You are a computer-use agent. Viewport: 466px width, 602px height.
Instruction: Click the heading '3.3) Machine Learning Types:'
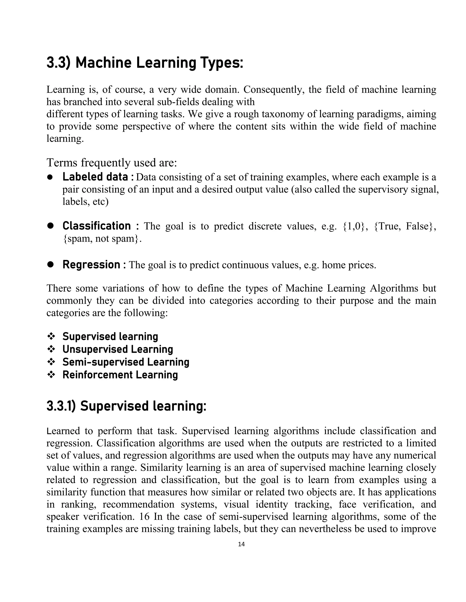[x=145, y=63]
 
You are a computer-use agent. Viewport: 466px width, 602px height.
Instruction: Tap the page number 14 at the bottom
[x=241, y=544]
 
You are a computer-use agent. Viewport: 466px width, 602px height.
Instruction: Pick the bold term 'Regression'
[x=91, y=265]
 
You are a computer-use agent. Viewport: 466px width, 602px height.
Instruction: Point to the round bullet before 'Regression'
[x=50, y=265]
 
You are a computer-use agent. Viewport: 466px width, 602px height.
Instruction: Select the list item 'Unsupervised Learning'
[x=118, y=349]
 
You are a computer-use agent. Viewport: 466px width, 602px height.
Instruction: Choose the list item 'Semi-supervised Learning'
[x=126, y=362]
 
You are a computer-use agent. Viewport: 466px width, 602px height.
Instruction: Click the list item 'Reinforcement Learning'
[x=120, y=375]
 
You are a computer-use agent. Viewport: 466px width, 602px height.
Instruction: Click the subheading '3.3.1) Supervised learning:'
[x=127, y=406]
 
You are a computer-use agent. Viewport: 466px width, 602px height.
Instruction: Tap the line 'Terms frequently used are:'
[x=111, y=163]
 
